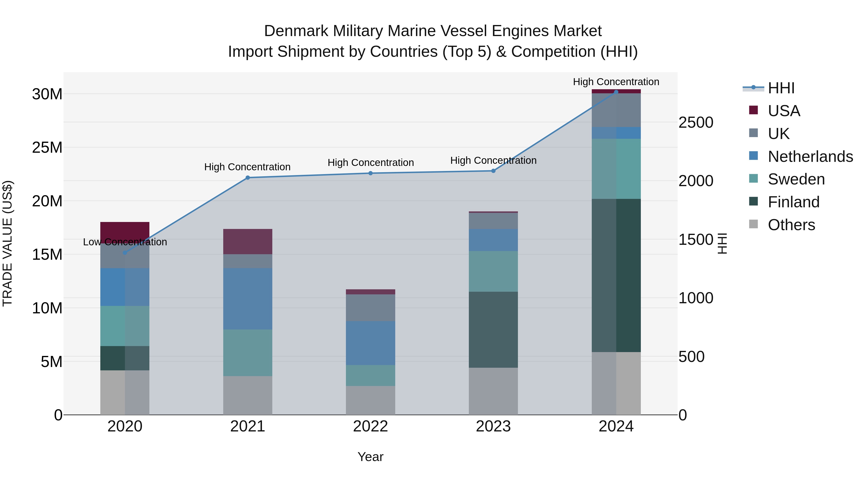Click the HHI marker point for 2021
coord(248,177)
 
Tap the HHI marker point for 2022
coord(370,173)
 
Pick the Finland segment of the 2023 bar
coord(493,329)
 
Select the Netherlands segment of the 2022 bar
coord(370,343)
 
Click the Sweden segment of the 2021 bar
coord(248,353)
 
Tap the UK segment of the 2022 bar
coord(370,308)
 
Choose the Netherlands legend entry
coord(810,157)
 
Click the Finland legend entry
coord(793,202)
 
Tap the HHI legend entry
coord(781,88)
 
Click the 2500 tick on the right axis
coord(695,122)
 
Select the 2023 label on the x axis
coord(493,426)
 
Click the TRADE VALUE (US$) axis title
coord(7,243)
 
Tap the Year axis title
coord(370,457)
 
